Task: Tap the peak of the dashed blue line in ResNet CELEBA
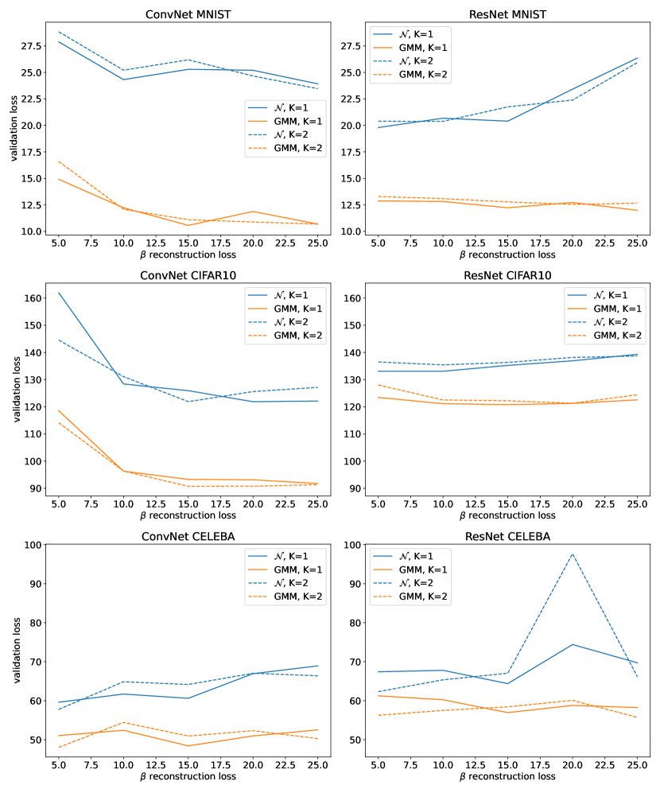point(573,554)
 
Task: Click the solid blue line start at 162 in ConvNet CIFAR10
point(58,293)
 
